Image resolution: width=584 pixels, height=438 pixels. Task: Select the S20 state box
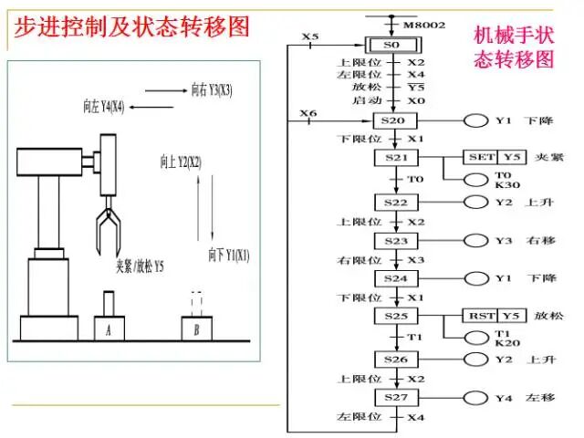click(394, 120)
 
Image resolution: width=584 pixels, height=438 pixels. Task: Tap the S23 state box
click(394, 240)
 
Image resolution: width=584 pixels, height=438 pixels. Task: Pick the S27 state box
click(394, 398)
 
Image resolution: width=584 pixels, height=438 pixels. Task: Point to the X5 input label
click(310, 37)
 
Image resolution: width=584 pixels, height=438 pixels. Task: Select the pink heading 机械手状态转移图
click(514, 47)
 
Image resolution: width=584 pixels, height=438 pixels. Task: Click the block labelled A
click(109, 328)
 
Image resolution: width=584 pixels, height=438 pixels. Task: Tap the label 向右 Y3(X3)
click(212, 90)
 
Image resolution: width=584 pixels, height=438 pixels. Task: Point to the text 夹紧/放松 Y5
click(139, 266)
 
